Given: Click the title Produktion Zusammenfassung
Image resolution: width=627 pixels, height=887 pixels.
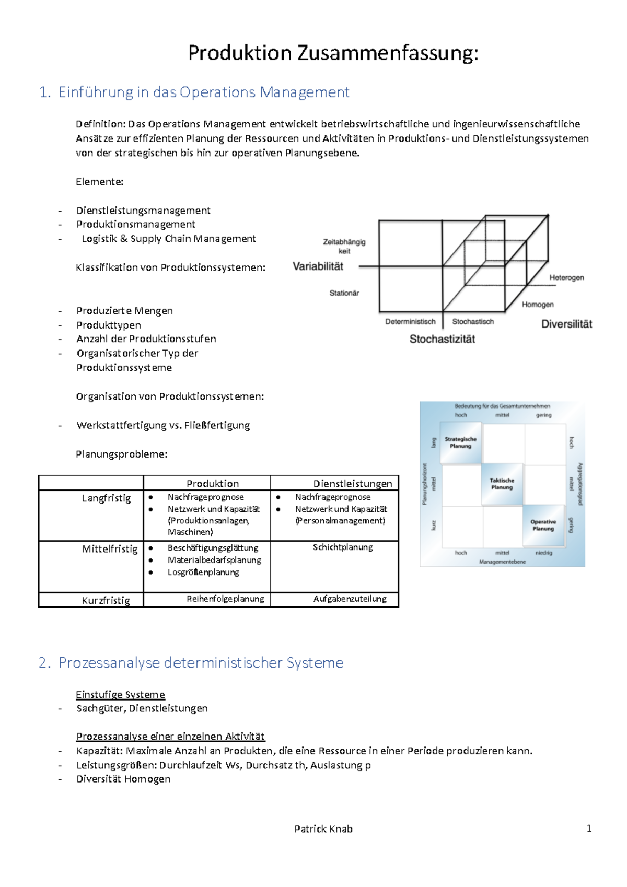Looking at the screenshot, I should (x=333, y=53).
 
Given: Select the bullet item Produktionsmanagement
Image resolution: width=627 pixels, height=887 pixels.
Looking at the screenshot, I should (x=136, y=224).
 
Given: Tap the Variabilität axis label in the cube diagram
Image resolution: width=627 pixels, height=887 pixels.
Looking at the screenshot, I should (x=318, y=266).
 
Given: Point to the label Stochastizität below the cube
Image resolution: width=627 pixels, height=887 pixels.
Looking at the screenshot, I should (x=442, y=339).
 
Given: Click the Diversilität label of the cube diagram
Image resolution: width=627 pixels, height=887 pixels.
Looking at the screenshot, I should (x=566, y=324).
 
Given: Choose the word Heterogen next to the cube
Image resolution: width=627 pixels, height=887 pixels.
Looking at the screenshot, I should (x=566, y=277).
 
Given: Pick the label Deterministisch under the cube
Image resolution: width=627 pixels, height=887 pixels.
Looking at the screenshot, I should (x=410, y=322).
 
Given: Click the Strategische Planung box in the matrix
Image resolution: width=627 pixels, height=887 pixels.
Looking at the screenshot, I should (x=460, y=442).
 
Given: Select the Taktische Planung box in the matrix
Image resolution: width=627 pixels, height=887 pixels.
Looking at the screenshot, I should (x=502, y=484).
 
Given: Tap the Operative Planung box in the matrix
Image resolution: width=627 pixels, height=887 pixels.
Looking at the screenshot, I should (x=543, y=525).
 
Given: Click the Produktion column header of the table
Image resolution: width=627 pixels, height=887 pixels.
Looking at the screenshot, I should (x=213, y=484).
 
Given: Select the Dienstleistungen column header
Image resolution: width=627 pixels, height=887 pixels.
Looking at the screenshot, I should (x=353, y=484).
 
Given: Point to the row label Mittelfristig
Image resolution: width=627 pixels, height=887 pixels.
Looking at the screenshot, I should (x=110, y=549).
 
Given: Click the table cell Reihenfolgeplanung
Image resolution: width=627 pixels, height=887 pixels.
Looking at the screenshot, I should (x=225, y=599).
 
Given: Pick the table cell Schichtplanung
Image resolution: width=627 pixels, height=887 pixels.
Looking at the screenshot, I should (x=343, y=547).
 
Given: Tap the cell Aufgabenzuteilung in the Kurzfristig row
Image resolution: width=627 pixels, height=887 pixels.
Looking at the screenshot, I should (x=350, y=599).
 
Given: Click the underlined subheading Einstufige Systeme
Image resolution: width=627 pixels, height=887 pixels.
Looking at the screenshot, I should (x=120, y=694).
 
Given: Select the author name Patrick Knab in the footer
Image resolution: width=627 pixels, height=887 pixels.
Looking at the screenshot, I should (x=323, y=828).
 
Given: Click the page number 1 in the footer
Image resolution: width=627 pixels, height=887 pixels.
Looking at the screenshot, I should (x=589, y=828).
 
